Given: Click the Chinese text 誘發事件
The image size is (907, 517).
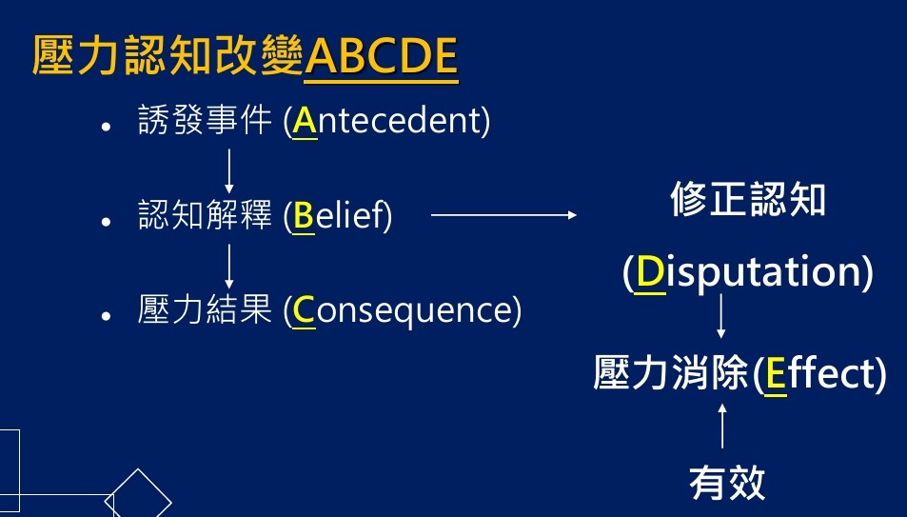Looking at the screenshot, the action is point(205,120).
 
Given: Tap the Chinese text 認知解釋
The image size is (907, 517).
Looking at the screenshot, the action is point(205,215).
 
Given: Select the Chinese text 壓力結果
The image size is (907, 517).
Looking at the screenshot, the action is point(205,309).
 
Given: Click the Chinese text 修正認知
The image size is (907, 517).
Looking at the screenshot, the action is point(748,199).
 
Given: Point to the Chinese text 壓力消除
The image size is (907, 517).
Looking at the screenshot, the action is point(671,372).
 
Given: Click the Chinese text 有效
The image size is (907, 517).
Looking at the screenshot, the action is point(727,483).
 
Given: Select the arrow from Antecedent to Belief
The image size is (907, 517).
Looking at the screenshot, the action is point(229,170).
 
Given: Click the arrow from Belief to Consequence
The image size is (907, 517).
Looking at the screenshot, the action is point(229,267).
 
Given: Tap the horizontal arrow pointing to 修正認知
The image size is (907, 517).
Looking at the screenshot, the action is point(503,215).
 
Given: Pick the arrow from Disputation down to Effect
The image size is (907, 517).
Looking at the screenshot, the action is point(720,316).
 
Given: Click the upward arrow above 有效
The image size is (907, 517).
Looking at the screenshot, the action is point(722,426).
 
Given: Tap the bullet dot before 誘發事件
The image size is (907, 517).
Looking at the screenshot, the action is point(106,127).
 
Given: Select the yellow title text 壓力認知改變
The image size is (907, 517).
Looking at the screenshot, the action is point(168,56).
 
